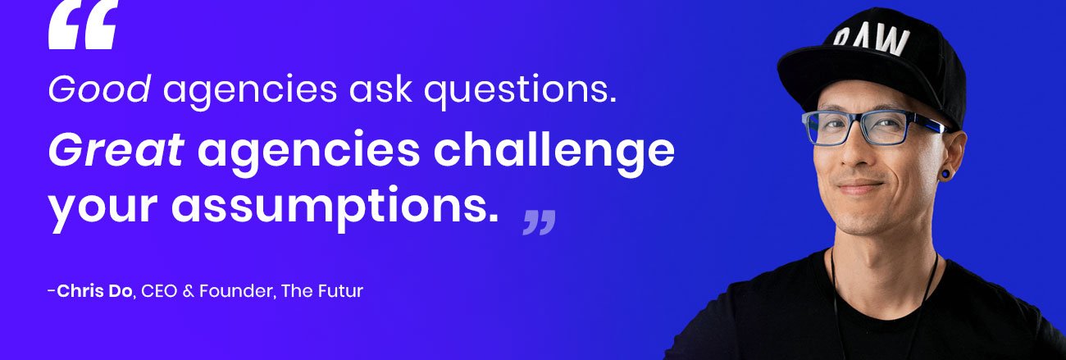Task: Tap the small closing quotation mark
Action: coord(539,221)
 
